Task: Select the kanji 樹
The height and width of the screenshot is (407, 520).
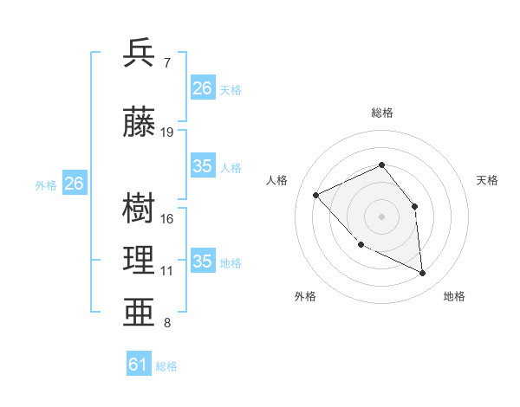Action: pos(140,209)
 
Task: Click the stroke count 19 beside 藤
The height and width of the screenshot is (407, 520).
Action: pos(167,132)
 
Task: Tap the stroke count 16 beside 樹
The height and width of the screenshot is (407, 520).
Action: pos(167,218)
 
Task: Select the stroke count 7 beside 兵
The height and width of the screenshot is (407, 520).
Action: pos(166,63)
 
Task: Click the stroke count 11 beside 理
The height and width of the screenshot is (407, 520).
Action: pos(167,271)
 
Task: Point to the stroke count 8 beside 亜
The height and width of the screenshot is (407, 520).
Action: pos(166,323)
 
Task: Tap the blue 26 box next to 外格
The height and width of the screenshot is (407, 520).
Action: pos(74,184)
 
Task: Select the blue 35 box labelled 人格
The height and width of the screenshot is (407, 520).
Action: pos(202,166)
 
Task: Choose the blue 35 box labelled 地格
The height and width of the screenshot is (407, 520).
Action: pos(202,262)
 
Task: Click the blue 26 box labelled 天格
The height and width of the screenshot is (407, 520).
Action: pos(202,88)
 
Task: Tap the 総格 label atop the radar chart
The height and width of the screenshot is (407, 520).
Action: pos(381,113)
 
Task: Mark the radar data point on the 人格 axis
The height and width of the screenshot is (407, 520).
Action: pos(316,195)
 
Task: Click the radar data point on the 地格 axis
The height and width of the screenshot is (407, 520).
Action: pos(422,273)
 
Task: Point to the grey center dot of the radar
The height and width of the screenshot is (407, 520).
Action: pos(381,216)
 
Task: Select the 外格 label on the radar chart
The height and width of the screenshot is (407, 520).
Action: pos(305,296)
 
